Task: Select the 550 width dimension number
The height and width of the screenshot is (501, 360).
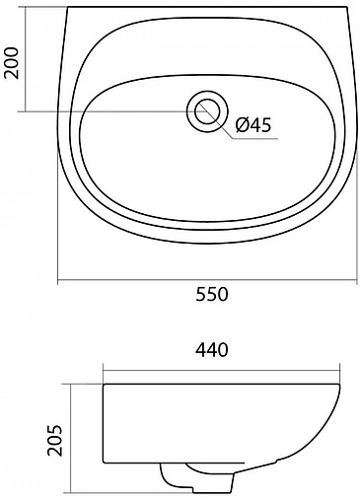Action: point(212,294)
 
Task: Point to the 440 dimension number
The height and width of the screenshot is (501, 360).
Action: point(212,350)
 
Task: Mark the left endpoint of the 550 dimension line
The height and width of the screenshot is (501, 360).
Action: point(57,281)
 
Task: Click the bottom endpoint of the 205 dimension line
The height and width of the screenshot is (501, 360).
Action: point(75,489)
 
